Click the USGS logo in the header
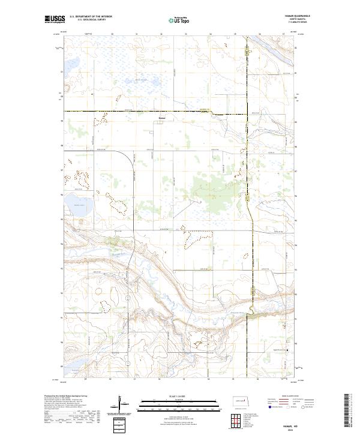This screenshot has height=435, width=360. [x=55, y=20]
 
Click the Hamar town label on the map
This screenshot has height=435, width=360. [x=162, y=118]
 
